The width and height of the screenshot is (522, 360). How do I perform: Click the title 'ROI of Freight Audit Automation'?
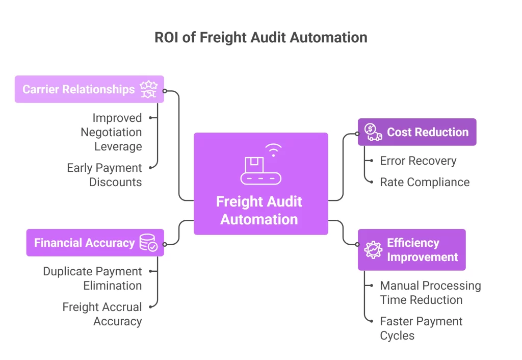coord(260,37)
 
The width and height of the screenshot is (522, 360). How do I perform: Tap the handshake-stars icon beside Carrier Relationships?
coord(149,89)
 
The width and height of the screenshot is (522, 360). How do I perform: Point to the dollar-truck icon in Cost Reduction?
coord(374,132)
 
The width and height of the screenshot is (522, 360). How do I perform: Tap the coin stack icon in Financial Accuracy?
coord(148,243)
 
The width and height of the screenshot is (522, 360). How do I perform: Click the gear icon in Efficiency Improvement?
coord(373,250)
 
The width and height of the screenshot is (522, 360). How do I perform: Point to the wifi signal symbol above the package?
coord(274,150)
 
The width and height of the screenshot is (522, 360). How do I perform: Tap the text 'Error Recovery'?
coord(418,161)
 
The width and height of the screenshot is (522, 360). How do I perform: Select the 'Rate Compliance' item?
coord(425,182)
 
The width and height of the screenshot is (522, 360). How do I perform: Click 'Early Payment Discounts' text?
coord(105,175)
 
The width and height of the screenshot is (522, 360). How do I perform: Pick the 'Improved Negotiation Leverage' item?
coord(111,132)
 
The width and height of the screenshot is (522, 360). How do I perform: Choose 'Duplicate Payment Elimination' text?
coord(92,278)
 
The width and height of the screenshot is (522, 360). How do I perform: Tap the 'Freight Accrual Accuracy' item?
coord(102,314)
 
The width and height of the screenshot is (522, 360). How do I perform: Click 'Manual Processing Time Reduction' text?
coord(430,293)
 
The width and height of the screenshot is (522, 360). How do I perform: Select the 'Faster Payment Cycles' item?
coord(421,328)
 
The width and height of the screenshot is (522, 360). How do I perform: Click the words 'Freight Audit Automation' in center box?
coord(259,210)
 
